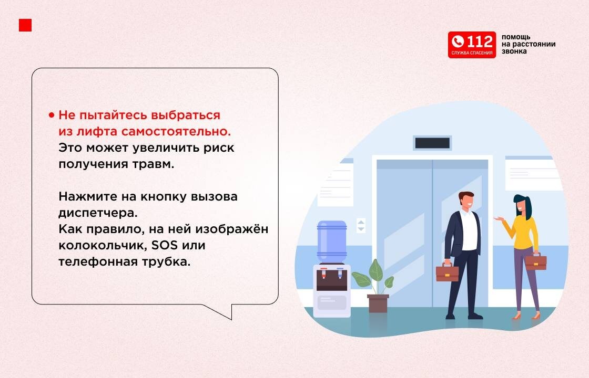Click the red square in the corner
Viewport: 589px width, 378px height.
click(x=25, y=25)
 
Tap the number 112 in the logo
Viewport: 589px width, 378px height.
click(x=480, y=41)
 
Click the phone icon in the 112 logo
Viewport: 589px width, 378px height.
click(x=458, y=41)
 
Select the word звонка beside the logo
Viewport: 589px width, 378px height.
click(x=514, y=51)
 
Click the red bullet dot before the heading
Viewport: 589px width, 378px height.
click(x=52, y=115)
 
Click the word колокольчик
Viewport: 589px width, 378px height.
click(x=102, y=245)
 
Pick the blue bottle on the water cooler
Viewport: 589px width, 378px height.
click(x=331, y=241)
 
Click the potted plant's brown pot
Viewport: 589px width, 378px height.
click(x=378, y=303)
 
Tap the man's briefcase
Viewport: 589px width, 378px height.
click(x=447, y=272)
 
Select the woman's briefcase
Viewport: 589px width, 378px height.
click(x=535, y=261)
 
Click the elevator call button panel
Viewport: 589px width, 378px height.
click(x=361, y=225)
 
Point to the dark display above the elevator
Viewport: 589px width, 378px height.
click(x=432, y=143)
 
